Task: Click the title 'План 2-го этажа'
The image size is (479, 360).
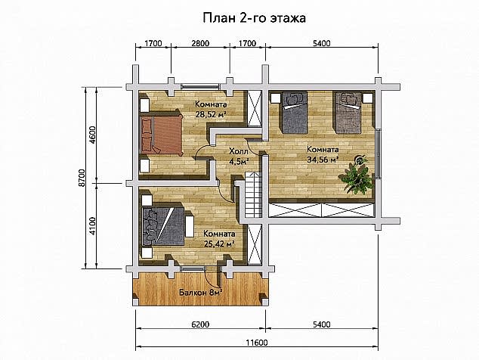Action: click(254, 17)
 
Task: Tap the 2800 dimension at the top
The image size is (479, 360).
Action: click(200, 43)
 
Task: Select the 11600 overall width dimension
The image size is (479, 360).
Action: click(257, 343)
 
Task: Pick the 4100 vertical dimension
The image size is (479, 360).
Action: click(93, 225)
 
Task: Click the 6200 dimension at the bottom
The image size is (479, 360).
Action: click(200, 324)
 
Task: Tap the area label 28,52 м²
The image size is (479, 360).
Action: click(211, 115)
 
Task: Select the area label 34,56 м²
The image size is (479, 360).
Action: click(323, 160)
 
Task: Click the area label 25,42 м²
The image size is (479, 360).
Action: click(219, 244)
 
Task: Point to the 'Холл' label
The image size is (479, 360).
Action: click(239, 151)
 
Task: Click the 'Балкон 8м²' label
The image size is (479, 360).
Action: click(200, 293)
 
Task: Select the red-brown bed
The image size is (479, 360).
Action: click(161, 133)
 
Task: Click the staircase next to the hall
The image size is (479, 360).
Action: click(253, 194)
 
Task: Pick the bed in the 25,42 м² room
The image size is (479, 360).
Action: click(163, 226)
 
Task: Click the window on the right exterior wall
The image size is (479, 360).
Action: click(379, 154)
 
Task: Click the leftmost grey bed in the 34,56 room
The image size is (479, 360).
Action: click(295, 113)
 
